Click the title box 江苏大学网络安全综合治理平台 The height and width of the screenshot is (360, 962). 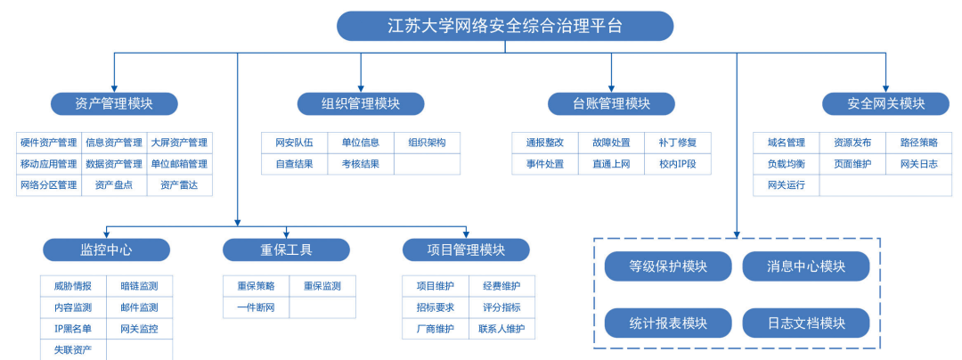point(505,26)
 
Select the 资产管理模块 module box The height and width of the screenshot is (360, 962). point(114,103)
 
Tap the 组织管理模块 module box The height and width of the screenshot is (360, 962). point(361,103)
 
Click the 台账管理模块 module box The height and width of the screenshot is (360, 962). point(612,103)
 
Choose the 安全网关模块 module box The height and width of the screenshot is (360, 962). point(885,103)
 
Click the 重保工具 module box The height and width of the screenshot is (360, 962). point(286,250)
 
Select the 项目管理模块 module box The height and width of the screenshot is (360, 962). point(466,250)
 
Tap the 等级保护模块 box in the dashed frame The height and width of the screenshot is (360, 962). point(668,266)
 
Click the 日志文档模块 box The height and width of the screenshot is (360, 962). point(806,323)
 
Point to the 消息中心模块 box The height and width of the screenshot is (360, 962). point(806,266)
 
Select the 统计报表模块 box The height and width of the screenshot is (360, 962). point(668,323)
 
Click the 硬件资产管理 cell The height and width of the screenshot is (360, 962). point(49,143)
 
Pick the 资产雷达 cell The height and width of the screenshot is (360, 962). point(179,185)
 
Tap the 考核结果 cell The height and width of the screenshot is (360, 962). point(360,164)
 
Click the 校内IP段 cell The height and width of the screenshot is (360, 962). point(678,164)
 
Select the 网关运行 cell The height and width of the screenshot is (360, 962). point(786,185)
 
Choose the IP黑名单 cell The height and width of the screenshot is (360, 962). point(73,329)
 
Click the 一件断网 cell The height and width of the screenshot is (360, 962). point(256,307)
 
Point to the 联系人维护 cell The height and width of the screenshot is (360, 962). point(501,329)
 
